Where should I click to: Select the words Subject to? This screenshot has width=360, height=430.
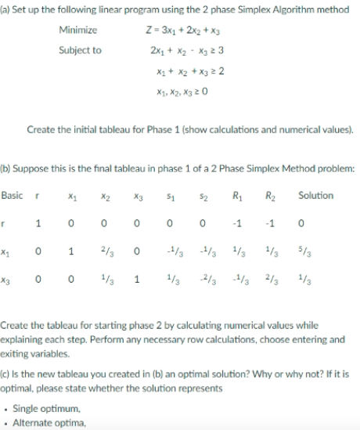pos(80,50)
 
